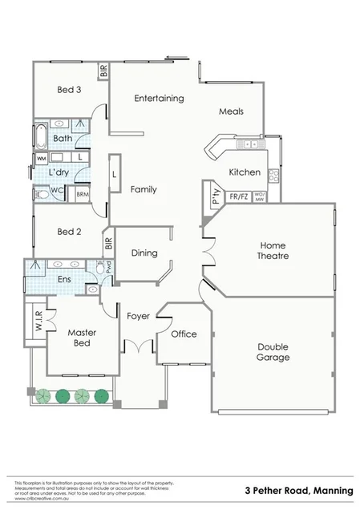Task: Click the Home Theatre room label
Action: point(273,250)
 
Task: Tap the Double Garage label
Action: point(273,352)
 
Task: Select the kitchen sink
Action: point(250,144)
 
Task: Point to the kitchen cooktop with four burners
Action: point(274,175)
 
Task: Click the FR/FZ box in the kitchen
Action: point(238,196)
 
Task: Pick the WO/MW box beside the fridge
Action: point(259,196)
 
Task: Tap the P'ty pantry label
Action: point(216,195)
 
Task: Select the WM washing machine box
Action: point(42,158)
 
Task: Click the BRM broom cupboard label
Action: point(82,194)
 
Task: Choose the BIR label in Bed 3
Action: point(103,71)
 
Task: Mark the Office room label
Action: point(184,334)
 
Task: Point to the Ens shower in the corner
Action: point(35,266)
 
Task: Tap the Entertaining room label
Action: point(159,99)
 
